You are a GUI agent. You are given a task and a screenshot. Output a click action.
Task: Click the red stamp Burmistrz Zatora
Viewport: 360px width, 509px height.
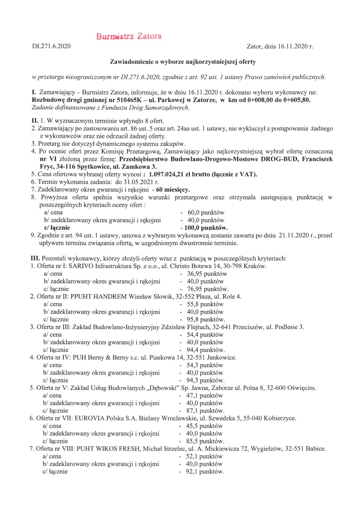coord(129,36)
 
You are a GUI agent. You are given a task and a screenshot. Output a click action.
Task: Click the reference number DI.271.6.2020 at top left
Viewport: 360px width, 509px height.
coord(51,46)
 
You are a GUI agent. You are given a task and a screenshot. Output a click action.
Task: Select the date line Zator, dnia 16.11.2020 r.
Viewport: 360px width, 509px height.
coord(280,47)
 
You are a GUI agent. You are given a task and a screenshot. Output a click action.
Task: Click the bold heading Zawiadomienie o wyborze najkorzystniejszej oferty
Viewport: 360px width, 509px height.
coord(183,62)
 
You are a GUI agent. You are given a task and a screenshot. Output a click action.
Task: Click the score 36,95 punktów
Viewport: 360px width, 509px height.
coord(207,274)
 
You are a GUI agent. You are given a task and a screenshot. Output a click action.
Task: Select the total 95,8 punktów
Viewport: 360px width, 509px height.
coord(206,320)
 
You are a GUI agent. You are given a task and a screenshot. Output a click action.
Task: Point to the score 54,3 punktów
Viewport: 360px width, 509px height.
coord(205,365)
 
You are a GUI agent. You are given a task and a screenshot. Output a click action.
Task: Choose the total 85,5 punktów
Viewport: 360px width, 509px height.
coord(205,441)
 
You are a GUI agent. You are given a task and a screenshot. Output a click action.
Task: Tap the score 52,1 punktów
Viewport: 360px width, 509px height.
coord(204,456)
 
